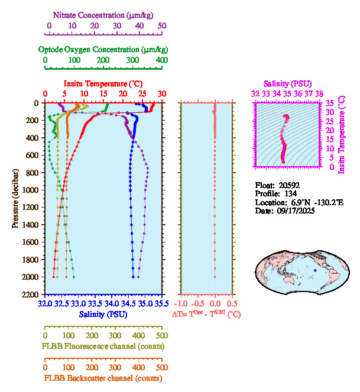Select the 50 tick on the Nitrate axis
click(161, 26)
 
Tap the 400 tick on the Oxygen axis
click(161, 60)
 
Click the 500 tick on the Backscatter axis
click(161, 367)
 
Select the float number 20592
click(288, 184)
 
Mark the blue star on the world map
click(315, 270)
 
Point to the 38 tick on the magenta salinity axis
click(319, 93)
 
